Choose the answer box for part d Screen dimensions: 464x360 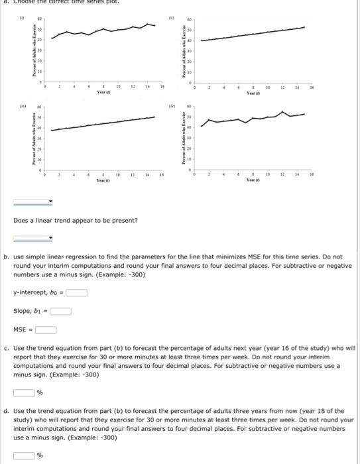click(24, 455)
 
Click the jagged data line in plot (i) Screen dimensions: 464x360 click(99, 30)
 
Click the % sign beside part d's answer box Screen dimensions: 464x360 click(39, 455)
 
